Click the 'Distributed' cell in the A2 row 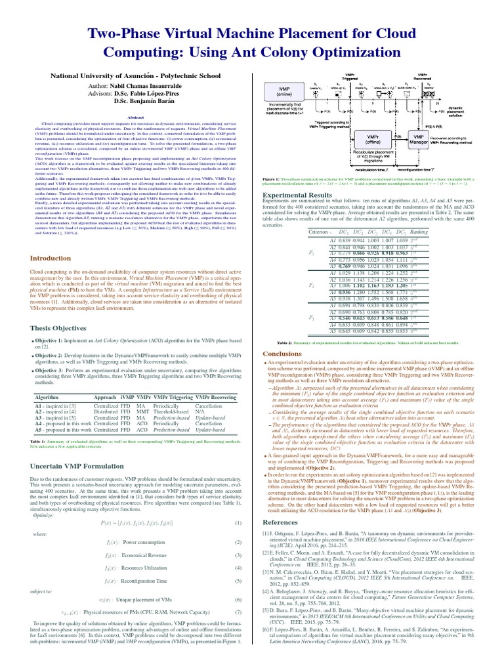tap(107, 410)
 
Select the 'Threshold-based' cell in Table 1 tap(171, 410)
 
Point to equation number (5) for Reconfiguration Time tap(238, 581)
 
